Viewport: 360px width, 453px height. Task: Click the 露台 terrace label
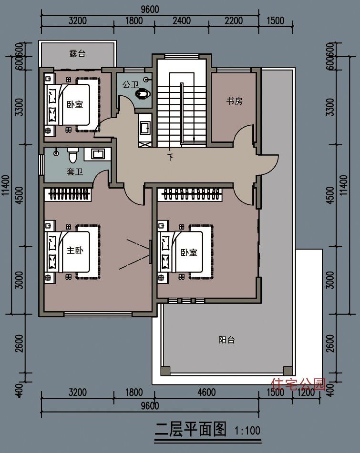pyautogui.click(x=77, y=54)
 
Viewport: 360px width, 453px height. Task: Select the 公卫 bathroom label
pyautogui.click(x=130, y=85)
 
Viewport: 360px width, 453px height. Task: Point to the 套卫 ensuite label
pyautogui.click(x=75, y=171)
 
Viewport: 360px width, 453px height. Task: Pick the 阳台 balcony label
pyautogui.click(x=226, y=340)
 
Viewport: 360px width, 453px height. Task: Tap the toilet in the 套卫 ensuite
pyautogui.click(x=72, y=155)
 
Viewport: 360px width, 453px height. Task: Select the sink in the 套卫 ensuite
pyautogui.click(x=98, y=154)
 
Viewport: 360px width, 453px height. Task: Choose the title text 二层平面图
pyautogui.click(x=191, y=430)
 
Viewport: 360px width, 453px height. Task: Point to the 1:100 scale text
pyautogui.click(x=247, y=431)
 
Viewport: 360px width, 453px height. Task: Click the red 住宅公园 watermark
pyautogui.click(x=298, y=383)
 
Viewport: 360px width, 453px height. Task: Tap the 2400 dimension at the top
pyautogui.click(x=181, y=21)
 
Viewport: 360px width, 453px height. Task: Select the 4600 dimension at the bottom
pyautogui.click(x=206, y=393)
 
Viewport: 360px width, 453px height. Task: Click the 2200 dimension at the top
pyautogui.click(x=233, y=21)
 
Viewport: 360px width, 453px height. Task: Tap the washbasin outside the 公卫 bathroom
pyautogui.click(x=144, y=127)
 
